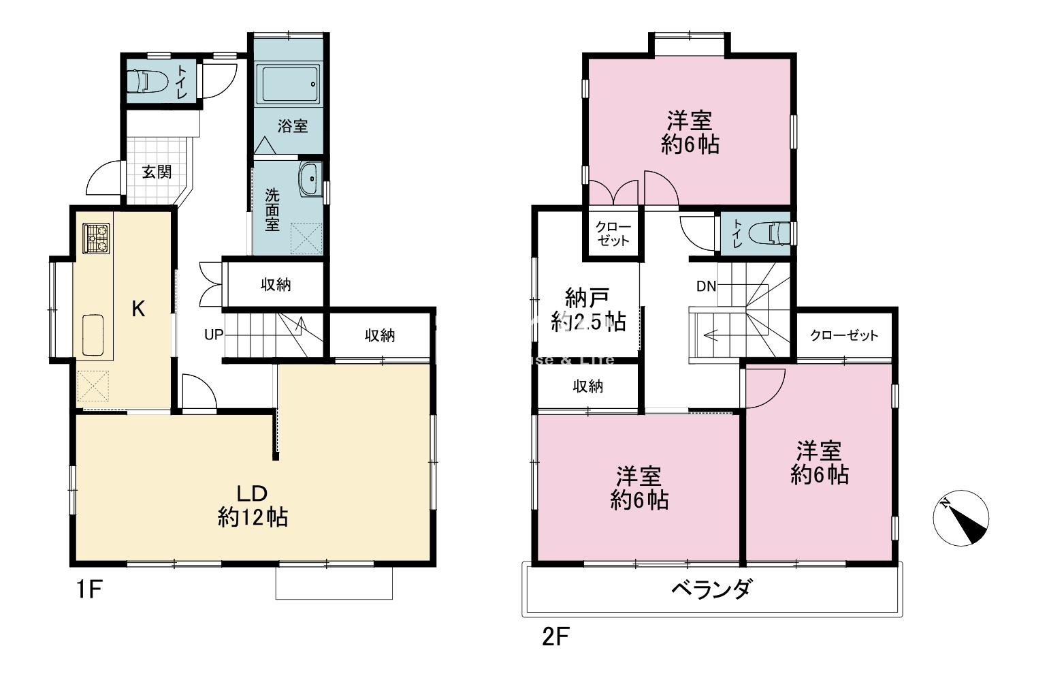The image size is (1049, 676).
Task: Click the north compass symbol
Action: pyautogui.click(x=960, y=519)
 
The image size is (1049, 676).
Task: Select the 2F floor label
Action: pyautogui.click(x=554, y=637)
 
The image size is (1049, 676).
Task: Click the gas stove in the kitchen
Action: pyautogui.click(x=97, y=239)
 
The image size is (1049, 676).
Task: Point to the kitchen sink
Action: pyautogui.click(x=93, y=335)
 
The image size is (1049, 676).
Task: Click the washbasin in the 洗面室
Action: pyautogui.click(x=310, y=179)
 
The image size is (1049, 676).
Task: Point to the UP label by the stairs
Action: pyautogui.click(x=214, y=335)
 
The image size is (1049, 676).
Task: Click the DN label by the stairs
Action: pyautogui.click(x=706, y=286)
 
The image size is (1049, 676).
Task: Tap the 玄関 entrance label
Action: pyautogui.click(x=157, y=172)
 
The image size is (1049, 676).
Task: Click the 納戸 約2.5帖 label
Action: pyautogui.click(x=587, y=309)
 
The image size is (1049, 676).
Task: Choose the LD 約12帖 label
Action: pyautogui.click(x=252, y=506)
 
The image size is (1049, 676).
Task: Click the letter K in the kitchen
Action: pyautogui.click(x=138, y=309)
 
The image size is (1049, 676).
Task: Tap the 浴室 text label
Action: pyautogui.click(x=293, y=126)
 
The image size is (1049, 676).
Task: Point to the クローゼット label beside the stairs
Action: pyautogui.click(x=844, y=335)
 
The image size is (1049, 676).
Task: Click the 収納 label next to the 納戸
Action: pyautogui.click(x=587, y=386)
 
